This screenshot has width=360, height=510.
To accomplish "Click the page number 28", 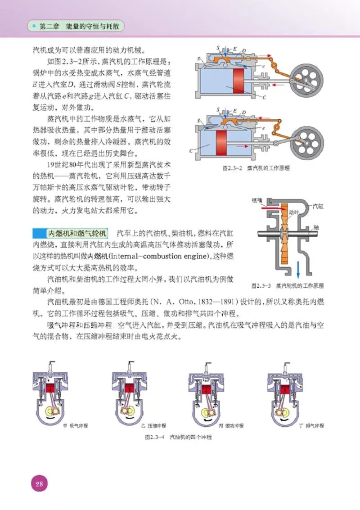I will click(38, 484).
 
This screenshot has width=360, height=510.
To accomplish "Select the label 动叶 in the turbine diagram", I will click(293, 211).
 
